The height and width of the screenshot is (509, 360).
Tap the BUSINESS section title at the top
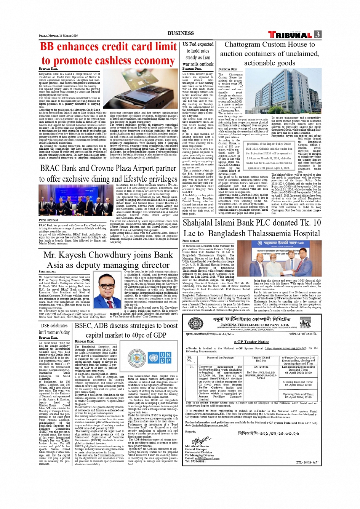point(181,33)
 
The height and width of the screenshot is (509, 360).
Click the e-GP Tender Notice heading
point(251,342)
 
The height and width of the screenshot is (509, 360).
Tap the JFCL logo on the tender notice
point(305,324)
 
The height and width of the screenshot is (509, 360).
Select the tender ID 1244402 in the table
point(261,367)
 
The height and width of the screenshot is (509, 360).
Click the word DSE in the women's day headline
point(46,325)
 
